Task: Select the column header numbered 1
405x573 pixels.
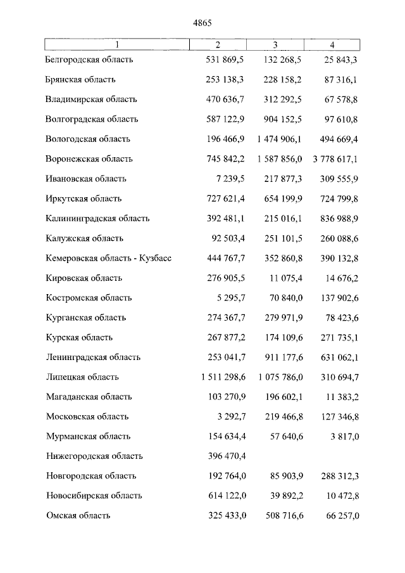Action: [117, 44]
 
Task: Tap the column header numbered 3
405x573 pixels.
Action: [275, 44]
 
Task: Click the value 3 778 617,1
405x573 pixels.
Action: [336, 159]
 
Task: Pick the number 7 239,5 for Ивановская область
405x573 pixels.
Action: [230, 179]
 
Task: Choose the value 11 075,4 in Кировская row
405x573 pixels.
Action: [284, 278]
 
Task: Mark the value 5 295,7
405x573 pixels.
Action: [230, 297]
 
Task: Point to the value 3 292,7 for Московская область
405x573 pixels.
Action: [230, 416]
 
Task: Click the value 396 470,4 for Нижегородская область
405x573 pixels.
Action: [227, 456]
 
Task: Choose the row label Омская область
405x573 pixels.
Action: [78, 515]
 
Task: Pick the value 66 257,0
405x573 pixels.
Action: [342, 515]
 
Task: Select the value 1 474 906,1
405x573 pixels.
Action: [281, 139]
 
